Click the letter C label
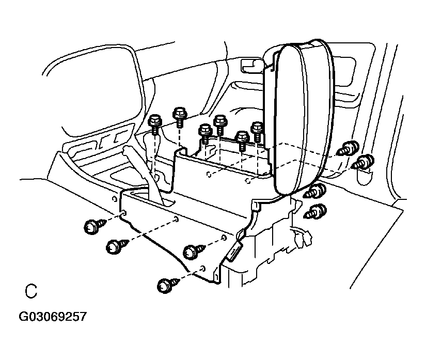pos(31,291)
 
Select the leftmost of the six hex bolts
pos(155,123)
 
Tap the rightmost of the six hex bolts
pos(257,128)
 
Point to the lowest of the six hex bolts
pos(242,138)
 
